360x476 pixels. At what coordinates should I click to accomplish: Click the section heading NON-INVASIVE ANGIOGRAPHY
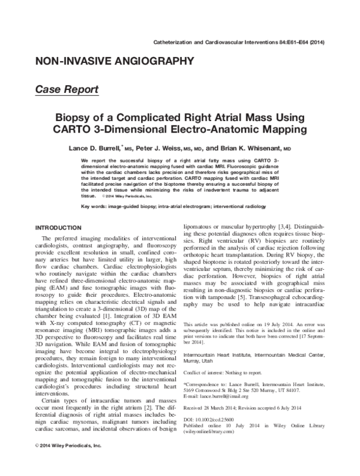[x=115, y=61]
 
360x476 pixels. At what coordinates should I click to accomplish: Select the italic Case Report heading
[x=67, y=89]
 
